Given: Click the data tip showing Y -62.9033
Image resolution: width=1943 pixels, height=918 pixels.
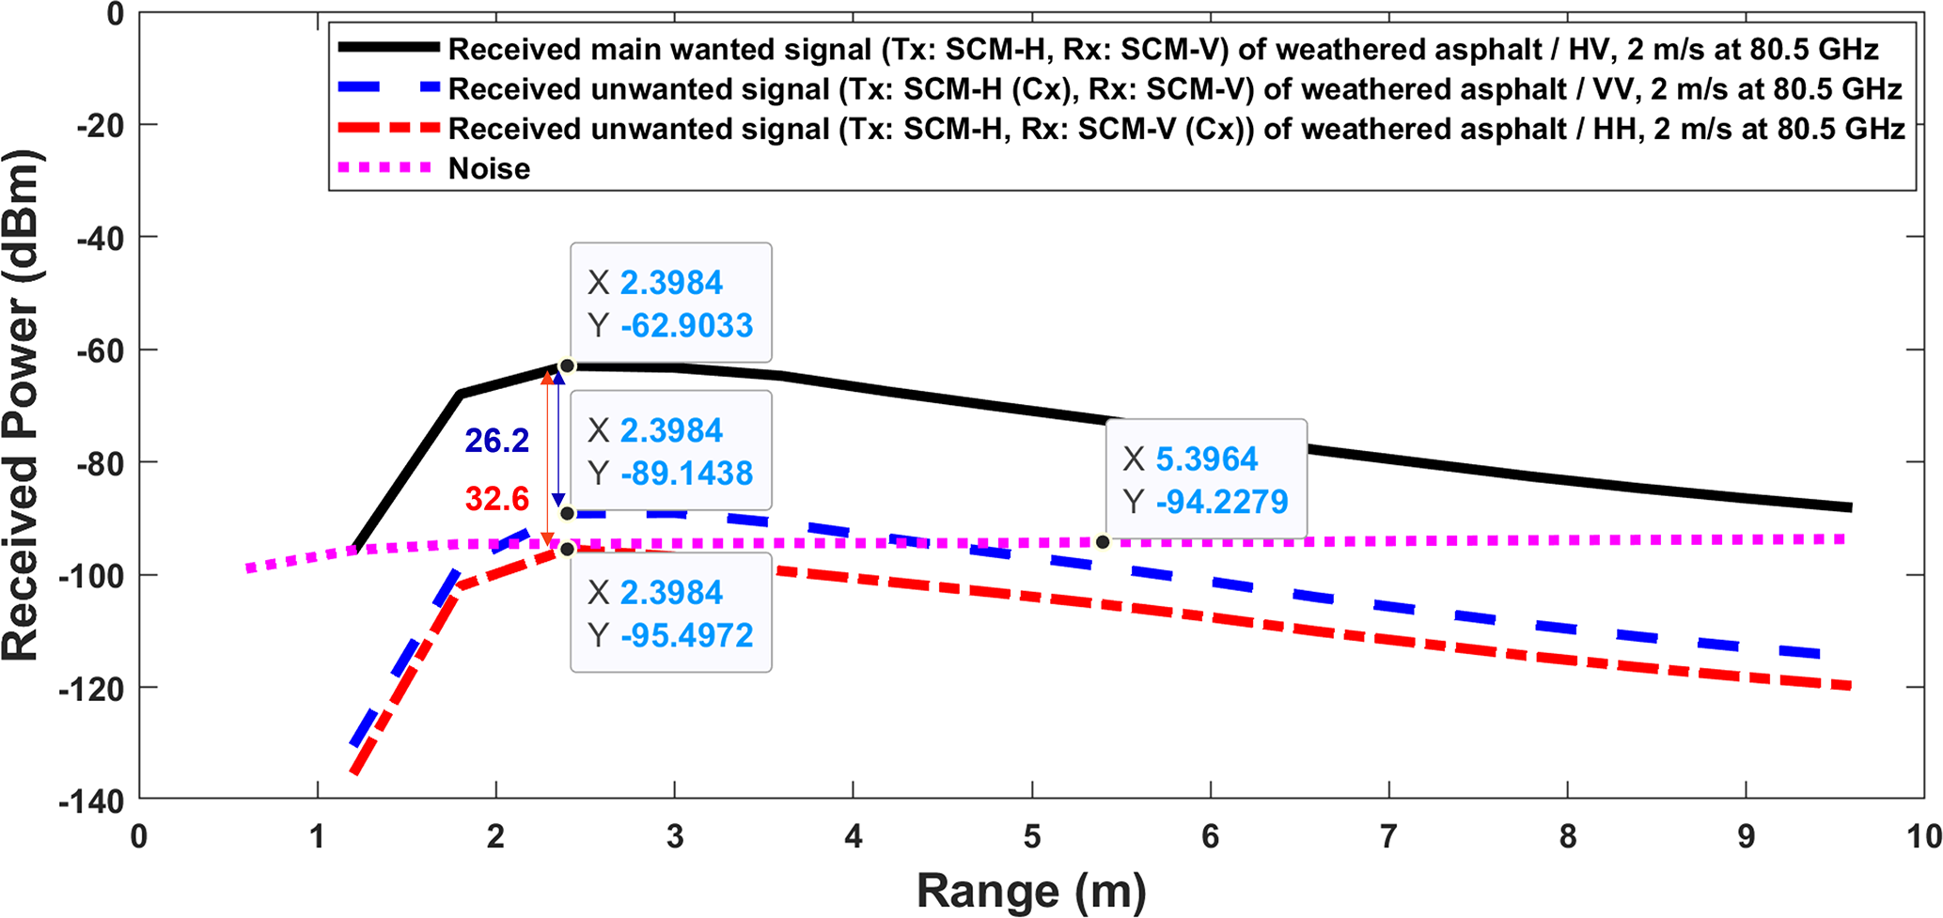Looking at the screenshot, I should (x=670, y=303).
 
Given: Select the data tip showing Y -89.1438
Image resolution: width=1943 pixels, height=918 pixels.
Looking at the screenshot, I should (x=670, y=451).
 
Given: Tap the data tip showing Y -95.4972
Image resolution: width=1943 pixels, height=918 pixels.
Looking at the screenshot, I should (x=670, y=613).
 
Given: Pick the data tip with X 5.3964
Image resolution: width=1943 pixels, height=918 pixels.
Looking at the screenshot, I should (x=1206, y=479).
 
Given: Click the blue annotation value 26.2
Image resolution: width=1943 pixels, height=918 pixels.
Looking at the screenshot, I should (x=497, y=441).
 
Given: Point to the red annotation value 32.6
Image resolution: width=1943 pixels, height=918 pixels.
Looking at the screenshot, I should (x=497, y=499).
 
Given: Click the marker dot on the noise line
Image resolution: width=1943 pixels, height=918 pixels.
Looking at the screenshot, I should (x=1103, y=542).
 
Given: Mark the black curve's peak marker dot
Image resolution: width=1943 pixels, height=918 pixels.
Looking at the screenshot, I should (x=567, y=366).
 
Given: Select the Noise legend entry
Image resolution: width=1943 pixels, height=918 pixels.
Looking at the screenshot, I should (x=489, y=168).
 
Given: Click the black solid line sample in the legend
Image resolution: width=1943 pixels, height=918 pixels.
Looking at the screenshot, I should (x=388, y=48).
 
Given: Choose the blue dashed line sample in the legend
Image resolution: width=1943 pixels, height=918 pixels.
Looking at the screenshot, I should (x=388, y=87).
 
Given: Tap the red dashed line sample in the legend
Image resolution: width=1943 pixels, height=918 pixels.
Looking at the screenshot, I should (x=388, y=128).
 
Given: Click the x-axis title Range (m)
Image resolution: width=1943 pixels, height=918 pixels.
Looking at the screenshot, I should (x=1031, y=891).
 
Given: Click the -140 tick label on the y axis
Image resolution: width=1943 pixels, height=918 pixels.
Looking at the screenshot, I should (x=91, y=801).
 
